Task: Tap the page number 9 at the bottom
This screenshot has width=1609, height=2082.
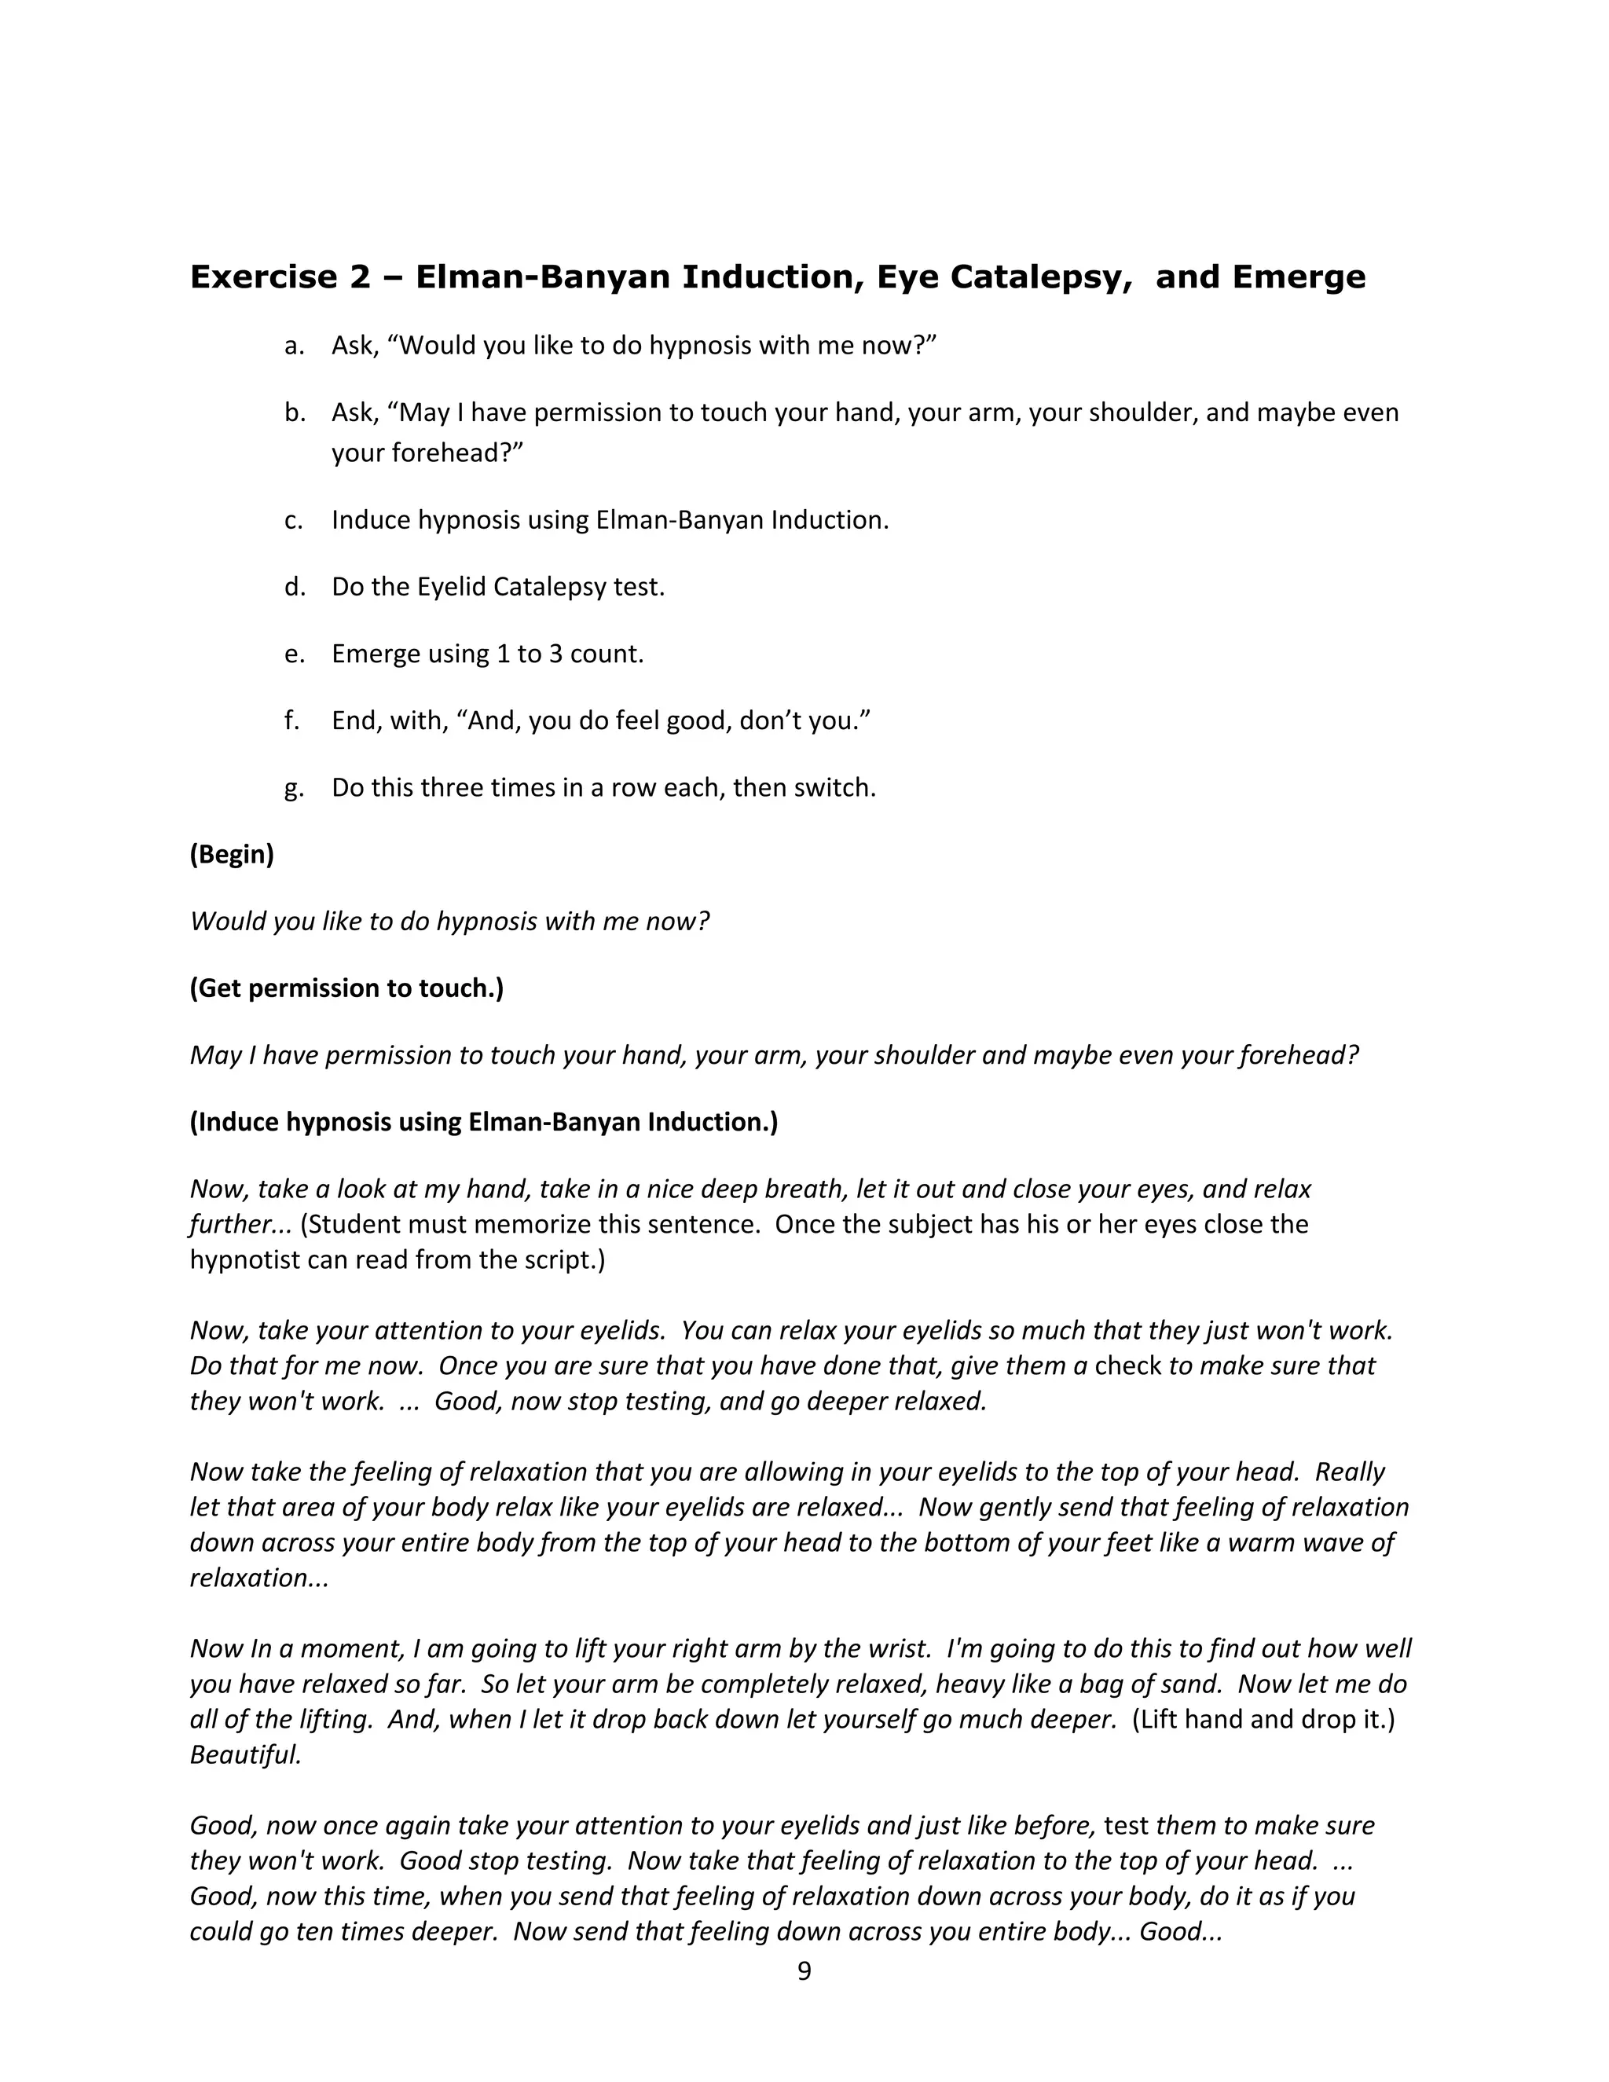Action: click(x=804, y=1970)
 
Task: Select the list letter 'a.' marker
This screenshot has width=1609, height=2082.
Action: click(x=294, y=345)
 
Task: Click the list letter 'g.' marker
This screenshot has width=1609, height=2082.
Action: click(x=294, y=788)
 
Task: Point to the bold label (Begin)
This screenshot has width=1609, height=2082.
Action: click(x=232, y=854)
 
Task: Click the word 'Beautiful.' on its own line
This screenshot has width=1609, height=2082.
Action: click(x=246, y=1754)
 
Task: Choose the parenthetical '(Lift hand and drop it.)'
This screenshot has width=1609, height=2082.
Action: click(x=1263, y=1719)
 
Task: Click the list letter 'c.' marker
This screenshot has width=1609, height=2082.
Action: click(x=294, y=519)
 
